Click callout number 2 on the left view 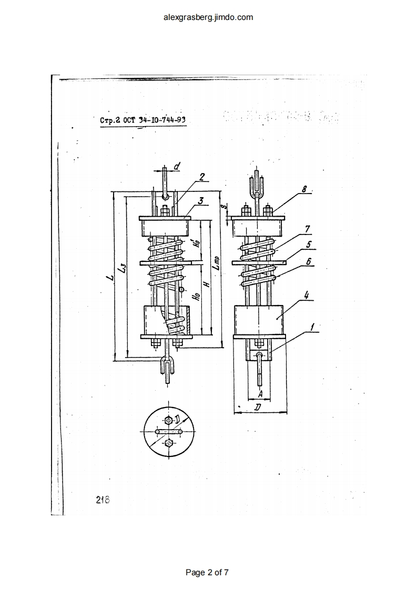[201, 177]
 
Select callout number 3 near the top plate [201, 200]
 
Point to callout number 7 [307, 229]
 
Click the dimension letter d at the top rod [177, 167]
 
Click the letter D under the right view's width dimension [258, 408]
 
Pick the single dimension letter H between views [207, 283]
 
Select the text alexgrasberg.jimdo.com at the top [208, 17]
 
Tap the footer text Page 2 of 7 [208, 572]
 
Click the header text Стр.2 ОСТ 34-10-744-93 [143, 120]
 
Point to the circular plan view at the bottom [169, 432]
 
